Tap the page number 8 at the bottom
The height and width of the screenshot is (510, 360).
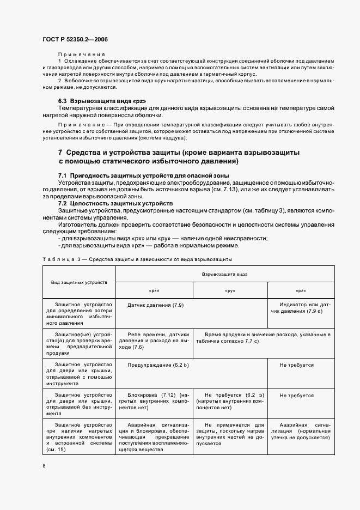[x=44, y=466]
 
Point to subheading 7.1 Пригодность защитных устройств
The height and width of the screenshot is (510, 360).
[x=143, y=175]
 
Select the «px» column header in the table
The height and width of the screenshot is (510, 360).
[x=154, y=290]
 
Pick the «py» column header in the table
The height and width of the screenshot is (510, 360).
[x=230, y=290]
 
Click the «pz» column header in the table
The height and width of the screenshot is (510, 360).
[x=300, y=290]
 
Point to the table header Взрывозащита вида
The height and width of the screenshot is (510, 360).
[x=224, y=274]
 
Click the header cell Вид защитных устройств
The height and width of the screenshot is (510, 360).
[x=79, y=282]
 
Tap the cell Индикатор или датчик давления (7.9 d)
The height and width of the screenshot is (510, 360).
[x=301, y=308]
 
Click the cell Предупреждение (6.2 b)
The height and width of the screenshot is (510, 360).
[x=150, y=366]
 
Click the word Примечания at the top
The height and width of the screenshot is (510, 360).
[x=81, y=54]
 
